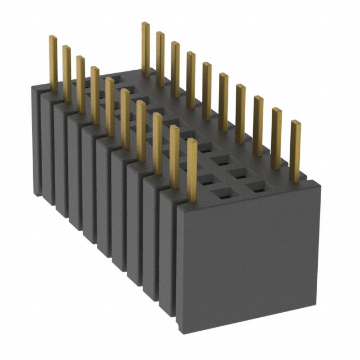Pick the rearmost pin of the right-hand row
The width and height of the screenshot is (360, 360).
pos(146,48)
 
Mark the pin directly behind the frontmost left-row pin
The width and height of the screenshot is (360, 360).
pos(174,155)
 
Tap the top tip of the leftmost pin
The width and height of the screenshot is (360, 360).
pos(52,38)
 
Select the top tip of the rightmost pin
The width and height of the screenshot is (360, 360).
pos(295,123)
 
